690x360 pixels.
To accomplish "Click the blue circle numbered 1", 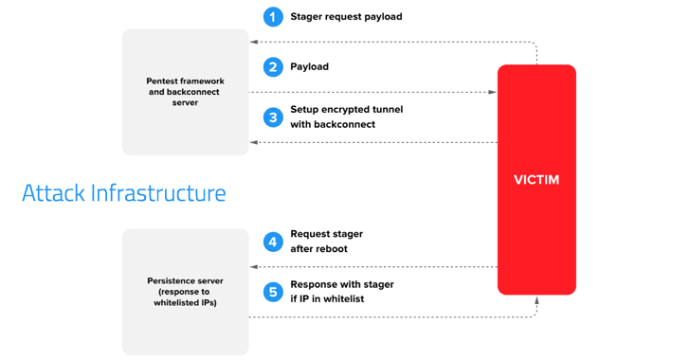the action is tap(273, 17).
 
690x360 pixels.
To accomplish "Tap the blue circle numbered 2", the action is tap(273, 67).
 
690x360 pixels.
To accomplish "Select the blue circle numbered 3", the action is tap(273, 117).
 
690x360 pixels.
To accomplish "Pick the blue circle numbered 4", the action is tap(273, 243).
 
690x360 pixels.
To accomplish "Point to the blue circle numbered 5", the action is tap(273, 292).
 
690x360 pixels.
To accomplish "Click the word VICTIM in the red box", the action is tap(536, 180).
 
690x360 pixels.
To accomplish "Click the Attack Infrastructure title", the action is tap(124, 192).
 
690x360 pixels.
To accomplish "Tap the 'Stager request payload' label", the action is tap(346, 17).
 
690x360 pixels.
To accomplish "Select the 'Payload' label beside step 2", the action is tap(309, 66).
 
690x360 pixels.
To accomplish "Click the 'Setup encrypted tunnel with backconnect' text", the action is tap(346, 117).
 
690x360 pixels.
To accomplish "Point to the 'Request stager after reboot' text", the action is tap(326, 242).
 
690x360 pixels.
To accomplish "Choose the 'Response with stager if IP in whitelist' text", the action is tap(342, 292).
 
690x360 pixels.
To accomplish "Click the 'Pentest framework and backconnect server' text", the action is tap(185, 92).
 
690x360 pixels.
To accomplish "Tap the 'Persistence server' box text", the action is tap(185, 292).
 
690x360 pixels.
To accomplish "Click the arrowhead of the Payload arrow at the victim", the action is tap(493, 92).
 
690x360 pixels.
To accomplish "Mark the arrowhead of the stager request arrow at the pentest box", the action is tap(254, 42).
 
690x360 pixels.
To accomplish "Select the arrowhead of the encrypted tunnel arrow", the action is tap(254, 142).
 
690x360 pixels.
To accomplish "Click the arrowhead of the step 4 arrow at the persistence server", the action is tap(254, 267).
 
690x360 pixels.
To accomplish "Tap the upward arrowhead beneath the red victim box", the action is tap(536, 300).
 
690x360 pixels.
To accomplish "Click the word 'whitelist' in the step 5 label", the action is tap(344, 298).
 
